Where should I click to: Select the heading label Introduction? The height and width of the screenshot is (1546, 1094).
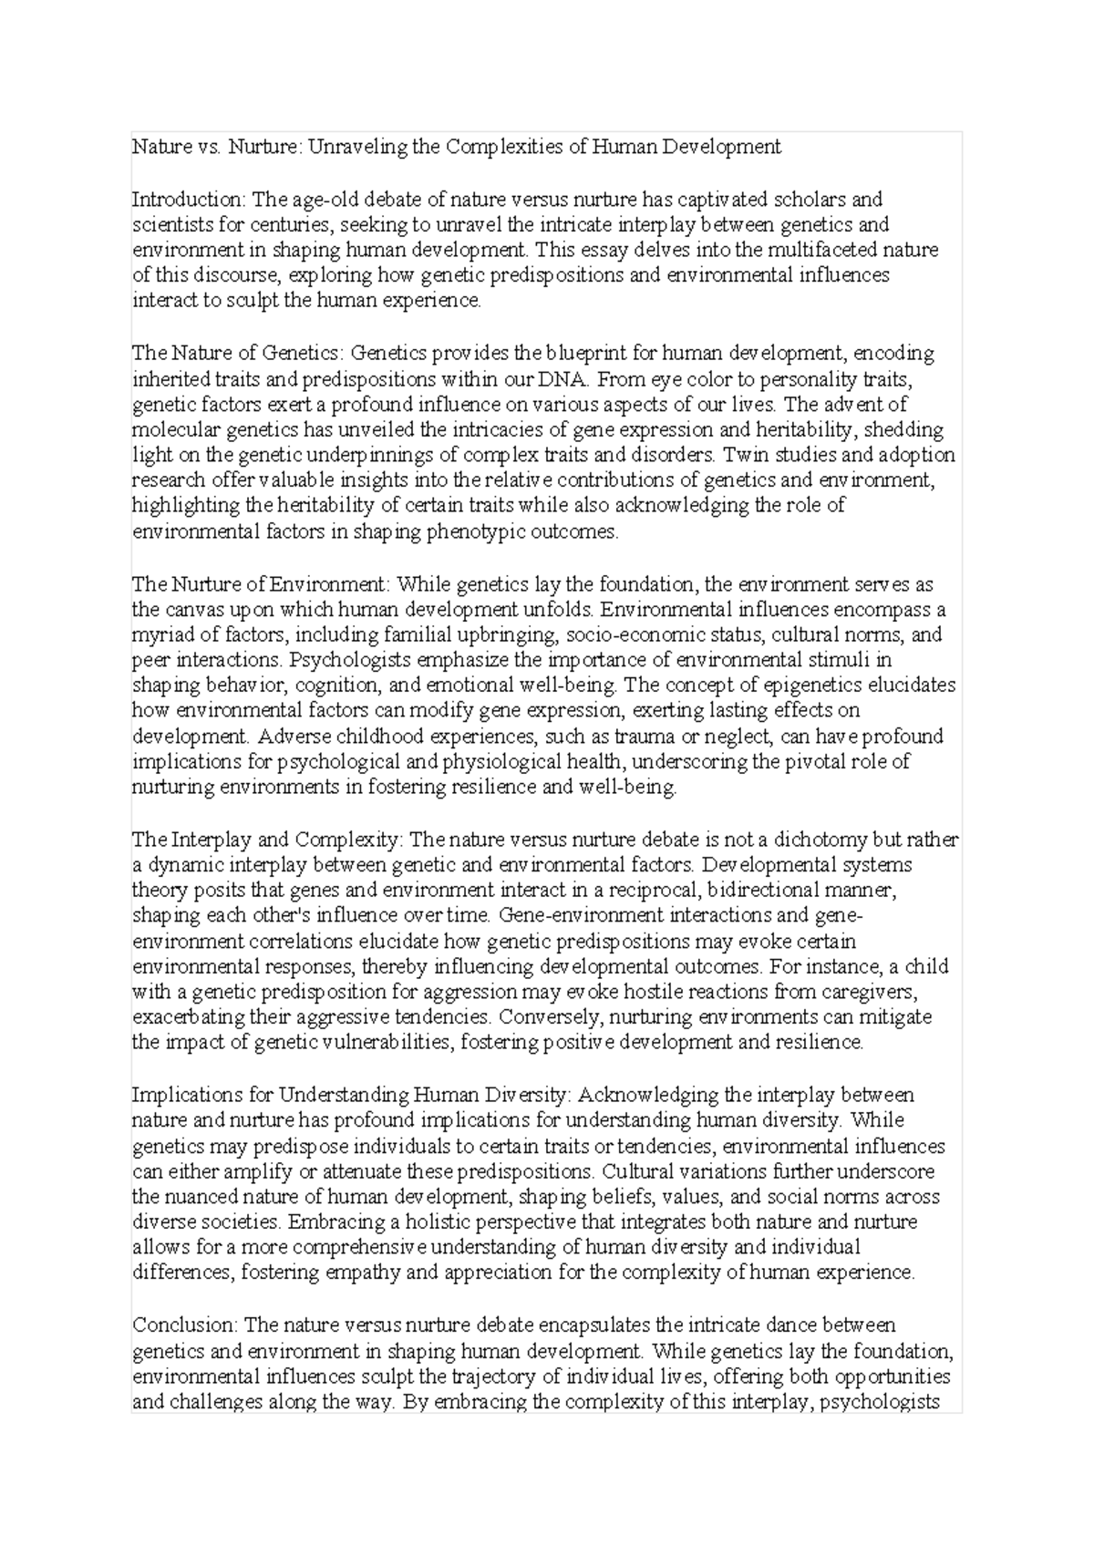[189, 199]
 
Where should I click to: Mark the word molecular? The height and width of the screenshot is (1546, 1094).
[174, 429]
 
